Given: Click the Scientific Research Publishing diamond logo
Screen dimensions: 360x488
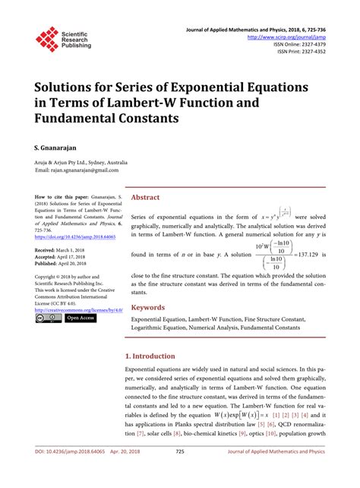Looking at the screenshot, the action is click(47, 40).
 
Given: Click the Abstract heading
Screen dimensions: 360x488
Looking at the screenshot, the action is click(145, 197).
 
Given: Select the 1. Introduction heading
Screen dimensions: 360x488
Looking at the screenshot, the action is click(156, 356).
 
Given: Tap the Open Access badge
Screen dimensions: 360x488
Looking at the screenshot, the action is click(81, 318).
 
